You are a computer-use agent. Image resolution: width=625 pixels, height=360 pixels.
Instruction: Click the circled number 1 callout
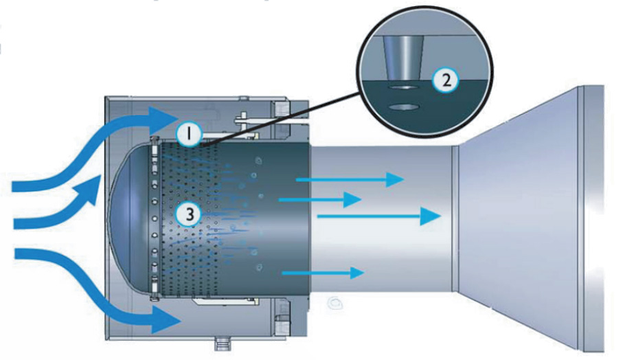click(x=187, y=133)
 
